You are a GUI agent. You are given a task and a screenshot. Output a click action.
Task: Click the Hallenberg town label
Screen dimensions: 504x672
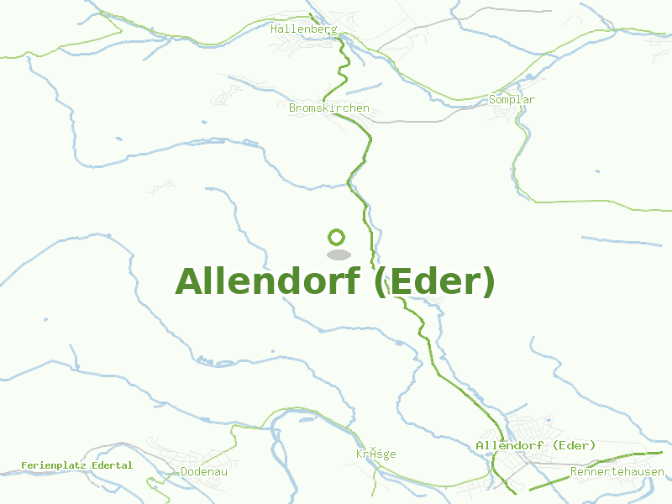(x=304, y=29)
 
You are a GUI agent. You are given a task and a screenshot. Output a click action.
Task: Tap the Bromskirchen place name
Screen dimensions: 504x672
(x=328, y=108)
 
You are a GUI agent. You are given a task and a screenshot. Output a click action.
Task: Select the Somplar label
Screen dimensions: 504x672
(x=512, y=100)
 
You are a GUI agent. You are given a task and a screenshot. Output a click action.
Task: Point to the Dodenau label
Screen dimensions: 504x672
(x=204, y=472)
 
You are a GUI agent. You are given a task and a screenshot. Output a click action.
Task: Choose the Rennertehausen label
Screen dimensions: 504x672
(x=617, y=472)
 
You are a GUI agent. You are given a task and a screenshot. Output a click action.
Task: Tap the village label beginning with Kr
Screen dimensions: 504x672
(x=375, y=454)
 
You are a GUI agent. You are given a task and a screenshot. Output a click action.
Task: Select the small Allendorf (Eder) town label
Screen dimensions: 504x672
(x=535, y=445)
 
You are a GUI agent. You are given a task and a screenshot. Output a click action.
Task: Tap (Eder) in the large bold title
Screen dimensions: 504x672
(x=434, y=281)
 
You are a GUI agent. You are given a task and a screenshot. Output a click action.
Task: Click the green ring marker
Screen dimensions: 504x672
(x=337, y=237)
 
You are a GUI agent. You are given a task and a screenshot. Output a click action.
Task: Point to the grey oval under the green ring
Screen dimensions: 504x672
(x=338, y=255)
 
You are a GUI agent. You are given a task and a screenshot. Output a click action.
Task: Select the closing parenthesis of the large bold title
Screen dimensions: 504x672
(x=489, y=283)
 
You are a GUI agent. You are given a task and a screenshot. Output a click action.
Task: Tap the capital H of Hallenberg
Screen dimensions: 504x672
(x=275, y=29)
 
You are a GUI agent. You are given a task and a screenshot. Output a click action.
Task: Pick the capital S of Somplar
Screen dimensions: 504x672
(x=492, y=100)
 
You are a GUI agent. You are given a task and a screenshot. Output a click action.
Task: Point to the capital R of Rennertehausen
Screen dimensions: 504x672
(x=574, y=472)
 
